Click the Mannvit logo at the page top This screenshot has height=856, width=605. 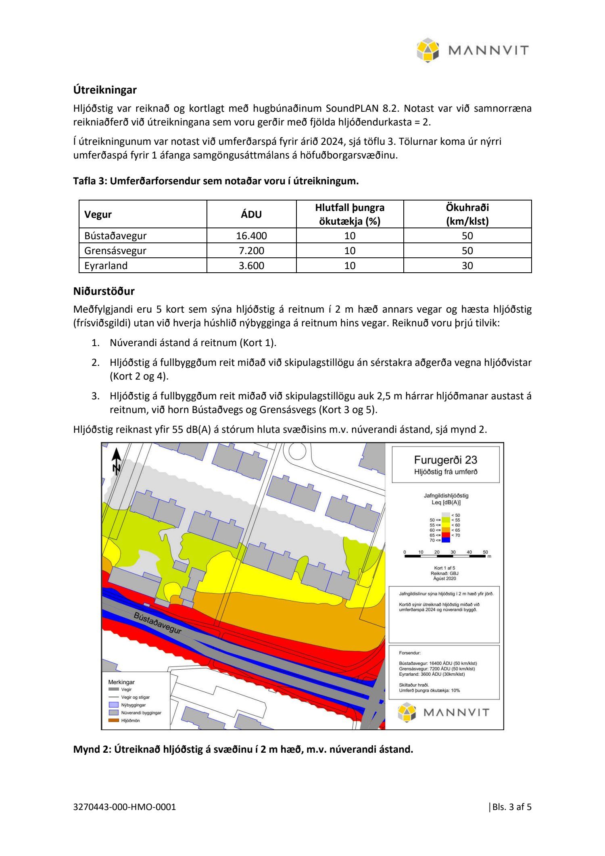tap(472, 50)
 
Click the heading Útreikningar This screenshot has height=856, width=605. tap(105, 90)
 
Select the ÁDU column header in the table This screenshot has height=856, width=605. tap(251, 215)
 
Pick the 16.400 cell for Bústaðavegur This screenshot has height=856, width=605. tap(251, 236)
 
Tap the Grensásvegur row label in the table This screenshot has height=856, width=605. tap(115, 251)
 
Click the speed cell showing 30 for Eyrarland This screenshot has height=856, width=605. tap(467, 266)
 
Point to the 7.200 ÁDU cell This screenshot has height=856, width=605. tap(251, 251)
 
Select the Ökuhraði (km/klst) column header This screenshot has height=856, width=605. tap(467, 215)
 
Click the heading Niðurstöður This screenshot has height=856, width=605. tap(104, 291)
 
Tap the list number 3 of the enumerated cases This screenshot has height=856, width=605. tap(96, 396)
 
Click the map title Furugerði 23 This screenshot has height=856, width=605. tap(445, 460)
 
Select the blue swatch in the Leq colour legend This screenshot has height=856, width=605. tap(445, 540)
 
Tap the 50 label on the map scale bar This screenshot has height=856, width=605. tap(485, 552)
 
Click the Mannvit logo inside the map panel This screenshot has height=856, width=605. tap(443, 712)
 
